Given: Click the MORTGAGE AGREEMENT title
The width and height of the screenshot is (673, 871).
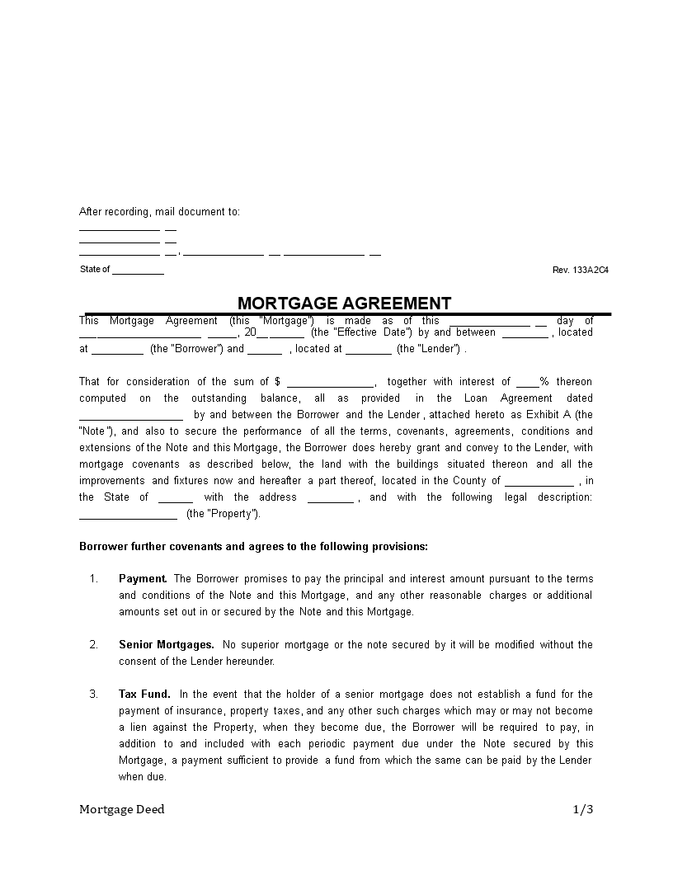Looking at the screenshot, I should click(344, 303).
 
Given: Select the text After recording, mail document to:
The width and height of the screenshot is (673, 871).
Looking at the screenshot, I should click(159, 212).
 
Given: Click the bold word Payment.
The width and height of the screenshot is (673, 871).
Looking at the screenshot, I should click(143, 579).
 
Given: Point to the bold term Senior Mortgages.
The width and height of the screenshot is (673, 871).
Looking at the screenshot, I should click(166, 645).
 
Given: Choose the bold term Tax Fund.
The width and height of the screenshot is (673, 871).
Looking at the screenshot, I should click(144, 694).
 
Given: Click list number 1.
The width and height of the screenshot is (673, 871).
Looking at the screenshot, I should click(94, 579).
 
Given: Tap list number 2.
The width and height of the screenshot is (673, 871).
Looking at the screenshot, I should click(94, 645).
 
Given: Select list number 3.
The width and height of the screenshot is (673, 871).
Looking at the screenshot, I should click(94, 694).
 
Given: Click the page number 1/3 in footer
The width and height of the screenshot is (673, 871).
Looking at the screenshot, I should click(582, 809).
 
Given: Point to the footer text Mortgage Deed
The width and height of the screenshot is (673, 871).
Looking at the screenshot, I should click(121, 809).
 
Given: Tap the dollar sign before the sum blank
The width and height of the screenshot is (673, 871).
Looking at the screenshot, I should click(278, 382).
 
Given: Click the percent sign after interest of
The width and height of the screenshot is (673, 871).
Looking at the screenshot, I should click(544, 382).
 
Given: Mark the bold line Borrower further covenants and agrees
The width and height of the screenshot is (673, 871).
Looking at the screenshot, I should click(253, 546).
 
